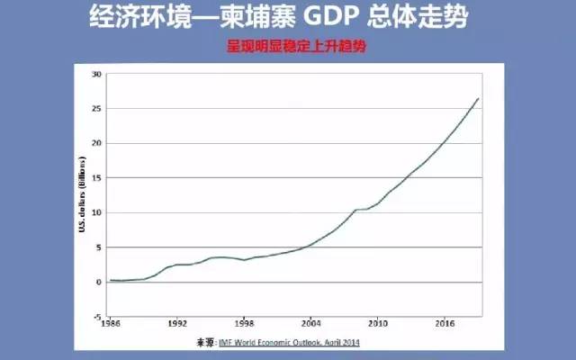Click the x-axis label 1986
coord(111,322)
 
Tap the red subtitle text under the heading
coord(288,42)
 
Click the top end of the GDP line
coord(478,98)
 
